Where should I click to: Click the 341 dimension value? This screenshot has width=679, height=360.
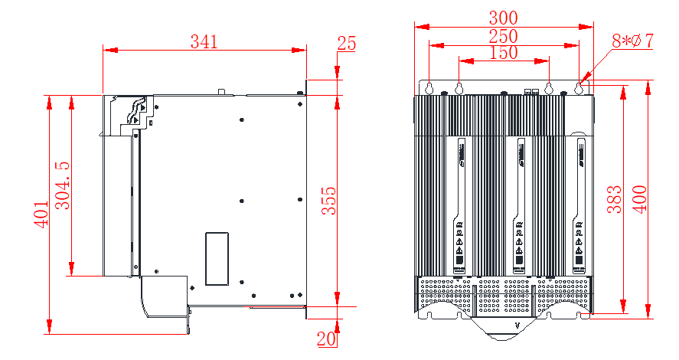[x=204, y=42]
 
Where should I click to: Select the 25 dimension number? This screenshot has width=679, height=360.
[x=347, y=43]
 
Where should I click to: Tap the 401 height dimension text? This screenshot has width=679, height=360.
[x=41, y=215]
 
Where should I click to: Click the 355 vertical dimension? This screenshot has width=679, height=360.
[x=328, y=201]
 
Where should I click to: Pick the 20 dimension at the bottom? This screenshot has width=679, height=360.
[x=327, y=338]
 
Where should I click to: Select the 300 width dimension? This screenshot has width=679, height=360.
[x=504, y=17]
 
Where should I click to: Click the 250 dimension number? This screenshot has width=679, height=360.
[x=504, y=36]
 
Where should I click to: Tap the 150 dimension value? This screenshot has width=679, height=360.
[x=503, y=53]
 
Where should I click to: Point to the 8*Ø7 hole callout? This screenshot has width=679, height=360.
[x=632, y=41]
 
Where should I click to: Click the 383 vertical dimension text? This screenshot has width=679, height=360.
[x=613, y=199]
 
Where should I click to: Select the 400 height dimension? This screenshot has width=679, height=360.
[x=639, y=199]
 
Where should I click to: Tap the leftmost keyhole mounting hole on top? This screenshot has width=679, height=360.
[x=429, y=87]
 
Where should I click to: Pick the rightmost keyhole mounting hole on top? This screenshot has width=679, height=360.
[x=579, y=87]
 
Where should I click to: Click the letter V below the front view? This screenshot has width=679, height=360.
[x=517, y=326]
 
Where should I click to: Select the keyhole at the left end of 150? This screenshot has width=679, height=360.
[x=459, y=87]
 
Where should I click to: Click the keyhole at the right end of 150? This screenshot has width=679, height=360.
[x=549, y=87]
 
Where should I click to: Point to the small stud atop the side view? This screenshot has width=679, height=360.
[x=221, y=92]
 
